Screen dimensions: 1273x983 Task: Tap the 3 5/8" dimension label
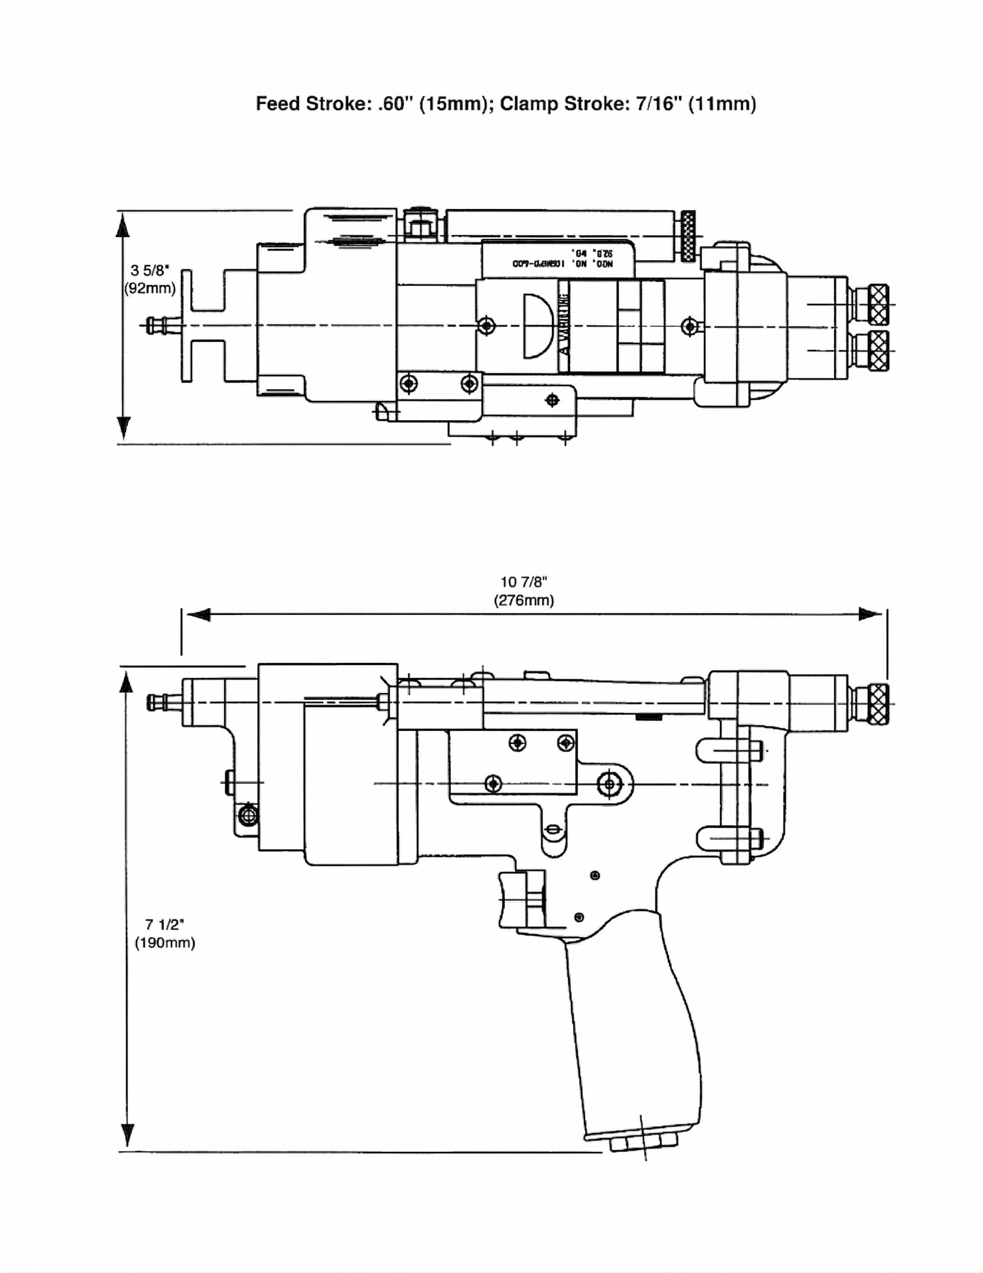coord(149,271)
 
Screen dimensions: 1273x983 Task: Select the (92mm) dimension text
coord(150,288)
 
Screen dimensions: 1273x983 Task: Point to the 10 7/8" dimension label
coord(524,582)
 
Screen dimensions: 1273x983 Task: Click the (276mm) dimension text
coord(524,600)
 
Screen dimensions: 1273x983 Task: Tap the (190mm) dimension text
coord(165,943)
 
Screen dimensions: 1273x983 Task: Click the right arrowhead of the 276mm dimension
coord(870,614)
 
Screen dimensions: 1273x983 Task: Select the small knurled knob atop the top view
coord(688,236)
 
